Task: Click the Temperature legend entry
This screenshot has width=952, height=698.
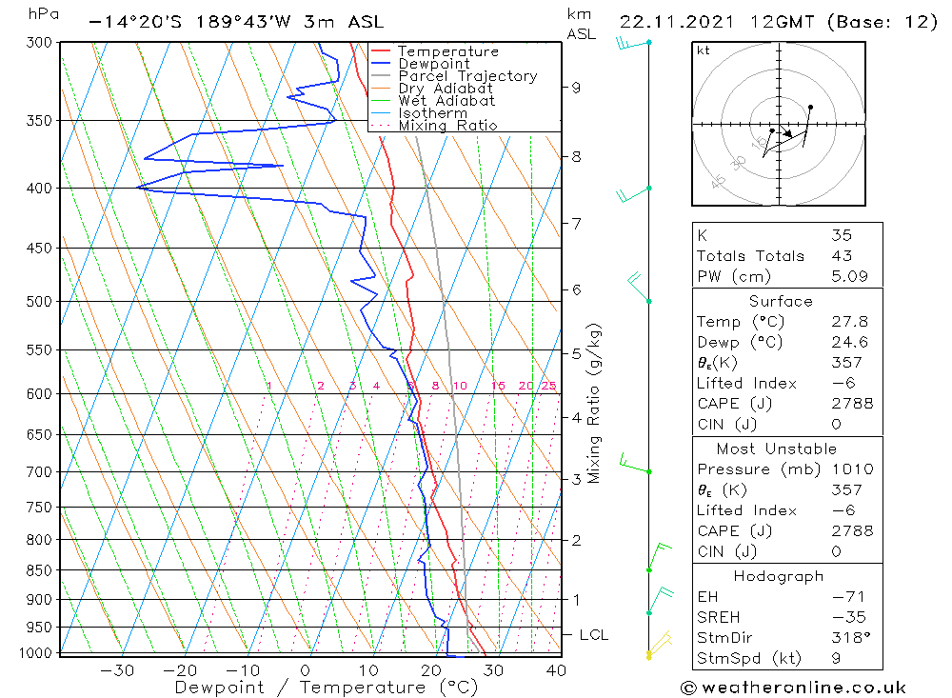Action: click(447, 51)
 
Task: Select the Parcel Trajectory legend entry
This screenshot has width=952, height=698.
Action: click(467, 76)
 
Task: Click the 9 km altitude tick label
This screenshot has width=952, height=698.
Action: click(576, 88)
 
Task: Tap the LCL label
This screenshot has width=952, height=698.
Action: click(593, 635)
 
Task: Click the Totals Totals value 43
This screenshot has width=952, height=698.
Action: click(842, 256)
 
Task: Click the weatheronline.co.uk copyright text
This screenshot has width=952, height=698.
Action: click(793, 688)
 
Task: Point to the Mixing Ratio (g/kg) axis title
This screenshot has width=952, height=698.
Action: click(594, 403)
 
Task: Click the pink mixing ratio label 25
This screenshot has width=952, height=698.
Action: click(548, 386)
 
